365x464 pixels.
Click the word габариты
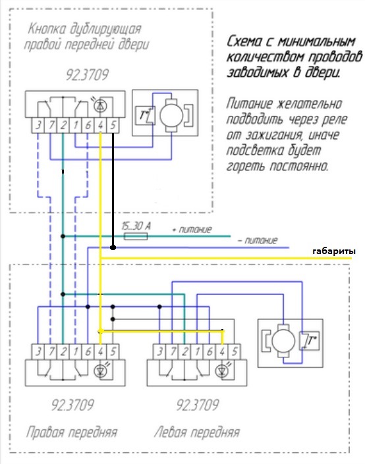click(334, 252)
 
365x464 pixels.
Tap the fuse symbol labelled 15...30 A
click(136, 236)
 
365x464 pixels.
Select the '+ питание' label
click(192, 229)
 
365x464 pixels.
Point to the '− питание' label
click(258, 240)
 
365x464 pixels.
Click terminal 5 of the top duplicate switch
click(113, 126)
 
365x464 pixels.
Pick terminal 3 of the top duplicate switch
click(38, 126)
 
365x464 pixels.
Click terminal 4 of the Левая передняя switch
click(222, 351)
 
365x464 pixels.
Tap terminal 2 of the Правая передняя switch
click(63, 351)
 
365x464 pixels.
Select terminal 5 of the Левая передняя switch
click(235, 351)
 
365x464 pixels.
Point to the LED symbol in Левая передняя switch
click(221, 371)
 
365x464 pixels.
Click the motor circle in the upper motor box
click(171, 115)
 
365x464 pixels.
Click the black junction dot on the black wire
click(113, 247)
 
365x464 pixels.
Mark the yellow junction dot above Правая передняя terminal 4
click(100, 330)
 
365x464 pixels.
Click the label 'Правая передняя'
click(72, 432)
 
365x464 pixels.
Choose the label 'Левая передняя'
click(197, 432)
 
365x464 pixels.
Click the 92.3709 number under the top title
click(87, 75)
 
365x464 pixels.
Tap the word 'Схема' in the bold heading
click(244, 41)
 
